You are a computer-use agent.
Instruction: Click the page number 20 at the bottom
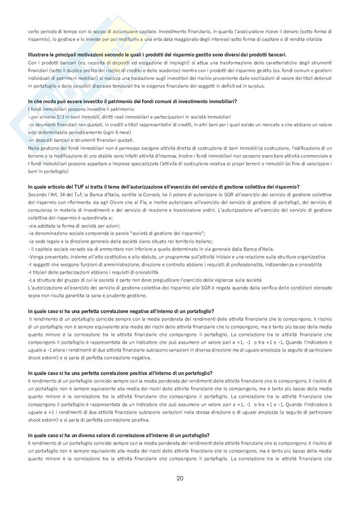point(180,478)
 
